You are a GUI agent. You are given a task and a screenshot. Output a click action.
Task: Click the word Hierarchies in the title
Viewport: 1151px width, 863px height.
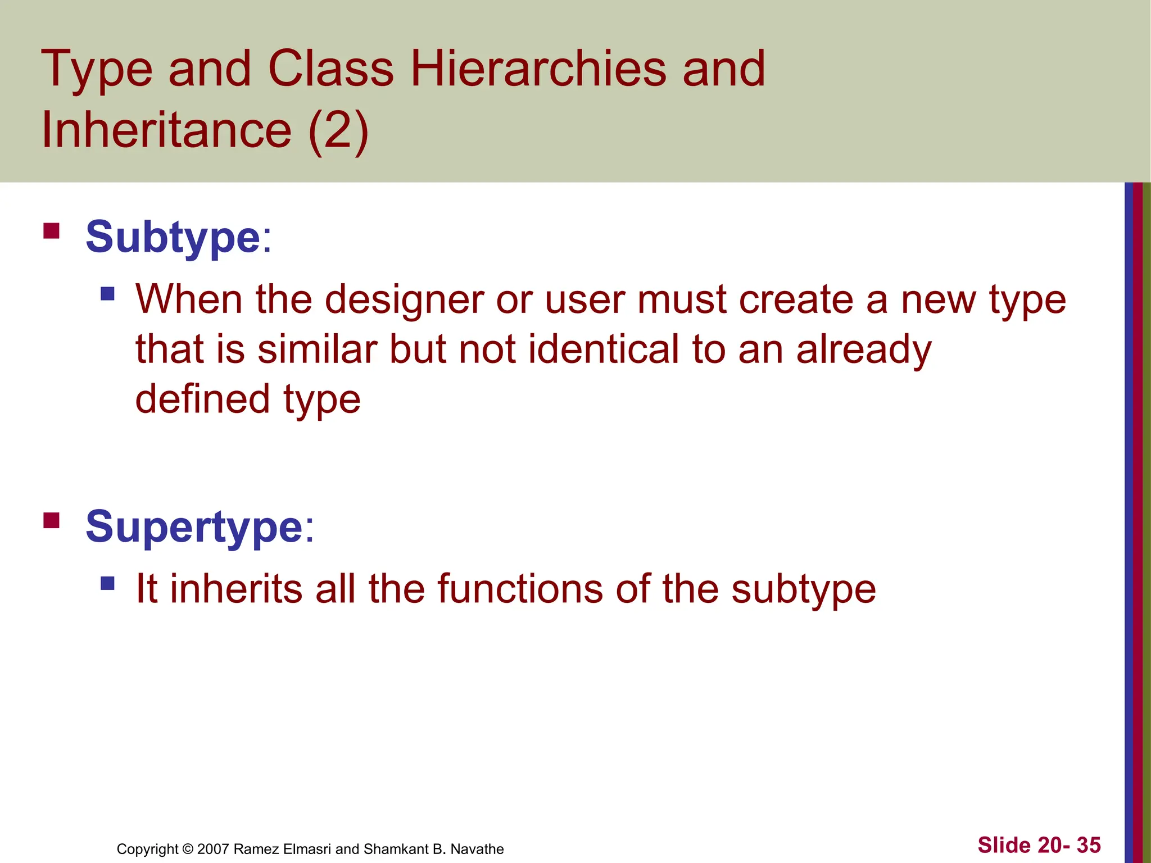(x=538, y=69)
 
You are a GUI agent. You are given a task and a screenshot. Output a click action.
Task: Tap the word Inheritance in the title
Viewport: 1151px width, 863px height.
(x=166, y=130)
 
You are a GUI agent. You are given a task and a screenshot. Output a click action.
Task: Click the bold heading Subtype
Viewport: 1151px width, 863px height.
(x=173, y=237)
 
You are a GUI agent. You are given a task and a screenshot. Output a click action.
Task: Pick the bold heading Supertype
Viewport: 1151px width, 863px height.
(x=194, y=527)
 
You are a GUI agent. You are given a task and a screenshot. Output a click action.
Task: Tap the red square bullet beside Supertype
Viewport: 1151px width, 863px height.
(x=51, y=521)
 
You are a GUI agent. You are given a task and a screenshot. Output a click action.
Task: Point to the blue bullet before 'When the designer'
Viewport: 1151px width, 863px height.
(x=107, y=293)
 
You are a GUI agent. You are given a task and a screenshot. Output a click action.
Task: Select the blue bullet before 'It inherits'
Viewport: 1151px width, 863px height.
(x=107, y=583)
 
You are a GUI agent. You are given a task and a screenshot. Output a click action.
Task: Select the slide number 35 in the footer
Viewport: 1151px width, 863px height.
(x=1089, y=845)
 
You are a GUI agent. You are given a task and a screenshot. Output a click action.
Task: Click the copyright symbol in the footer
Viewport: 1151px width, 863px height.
(x=188, y=849)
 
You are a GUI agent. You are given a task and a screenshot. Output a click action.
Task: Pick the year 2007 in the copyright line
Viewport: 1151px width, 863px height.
(x=213, y=849)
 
